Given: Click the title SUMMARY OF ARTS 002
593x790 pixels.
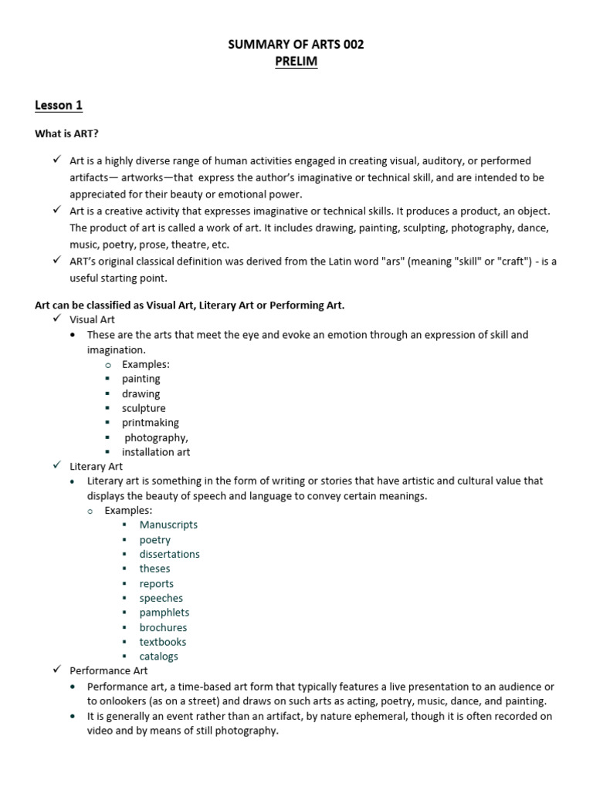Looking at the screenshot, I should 296,45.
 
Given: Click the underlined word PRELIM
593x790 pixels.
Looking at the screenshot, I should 296,62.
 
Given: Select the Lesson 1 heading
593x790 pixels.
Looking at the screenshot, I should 58,105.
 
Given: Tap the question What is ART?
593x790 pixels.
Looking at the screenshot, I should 66,133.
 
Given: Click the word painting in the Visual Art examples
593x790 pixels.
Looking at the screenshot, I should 141,379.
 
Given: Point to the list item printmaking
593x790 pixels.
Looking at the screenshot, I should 150,423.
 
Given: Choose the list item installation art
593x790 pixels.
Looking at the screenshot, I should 155,452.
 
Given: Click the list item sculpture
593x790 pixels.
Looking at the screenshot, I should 144,408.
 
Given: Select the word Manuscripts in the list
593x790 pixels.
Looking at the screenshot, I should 168,525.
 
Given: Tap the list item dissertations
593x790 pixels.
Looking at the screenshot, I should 169,554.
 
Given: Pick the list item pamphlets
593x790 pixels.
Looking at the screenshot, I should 163,613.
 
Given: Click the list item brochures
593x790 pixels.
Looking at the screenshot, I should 163,627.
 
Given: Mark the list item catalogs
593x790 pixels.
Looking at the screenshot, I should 158,657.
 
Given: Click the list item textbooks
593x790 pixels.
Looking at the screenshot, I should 162,642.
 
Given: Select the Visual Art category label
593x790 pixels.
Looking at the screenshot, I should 92,319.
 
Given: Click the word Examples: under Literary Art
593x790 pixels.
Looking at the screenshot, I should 128,510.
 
